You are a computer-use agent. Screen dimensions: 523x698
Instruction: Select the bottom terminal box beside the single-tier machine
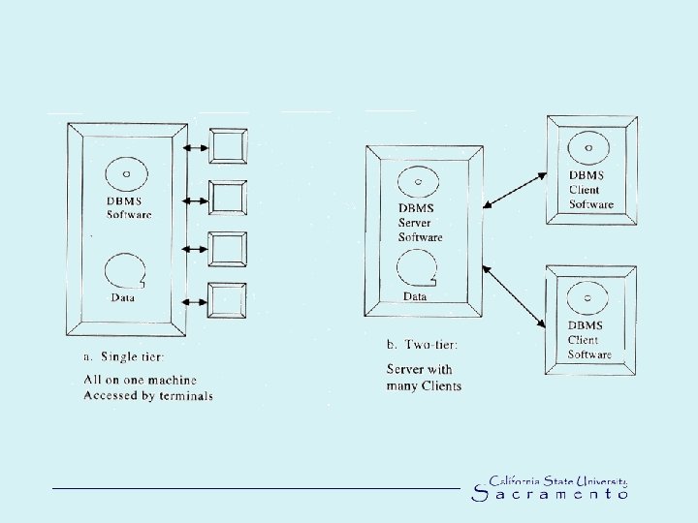pos(229,299)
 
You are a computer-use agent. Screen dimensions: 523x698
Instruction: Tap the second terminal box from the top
pos(229,198)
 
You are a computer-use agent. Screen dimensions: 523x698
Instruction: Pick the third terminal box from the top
pos(229,249)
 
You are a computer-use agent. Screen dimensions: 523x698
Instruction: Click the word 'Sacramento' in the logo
pos(550,494)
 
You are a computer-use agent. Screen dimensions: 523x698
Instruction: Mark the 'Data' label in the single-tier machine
pos(123,297)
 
